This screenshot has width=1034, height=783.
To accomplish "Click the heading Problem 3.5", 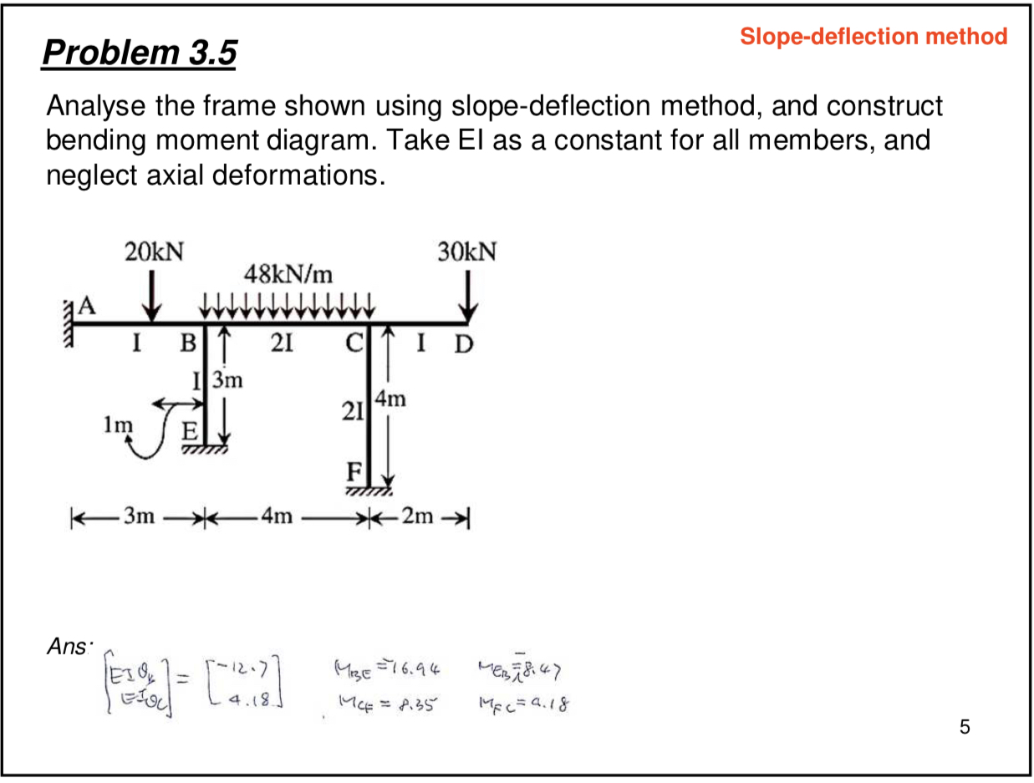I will (140, 54).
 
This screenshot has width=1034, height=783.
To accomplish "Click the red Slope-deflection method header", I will (874, 37).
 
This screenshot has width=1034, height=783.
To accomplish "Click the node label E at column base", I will (190, 433).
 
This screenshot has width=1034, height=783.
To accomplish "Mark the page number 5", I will (965, 727).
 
